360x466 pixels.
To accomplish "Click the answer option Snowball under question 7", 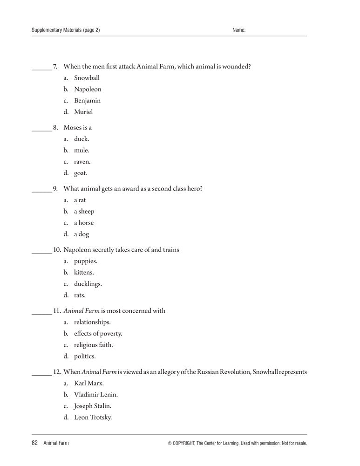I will tap(87, 78).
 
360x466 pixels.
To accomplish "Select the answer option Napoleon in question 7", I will tap(88, 89).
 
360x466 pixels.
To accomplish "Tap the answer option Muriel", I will tap(83, 112).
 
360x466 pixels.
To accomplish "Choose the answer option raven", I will tap(82, 162).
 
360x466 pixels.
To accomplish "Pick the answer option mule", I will tap(82, 151).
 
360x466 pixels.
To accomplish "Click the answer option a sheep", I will tap(84, 212).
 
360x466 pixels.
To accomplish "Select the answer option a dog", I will tap(82, 234).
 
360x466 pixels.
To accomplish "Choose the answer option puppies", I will tap(86, 261).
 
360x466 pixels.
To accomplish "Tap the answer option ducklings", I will tap(88, 284).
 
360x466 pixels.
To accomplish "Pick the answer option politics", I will tap(85, 356).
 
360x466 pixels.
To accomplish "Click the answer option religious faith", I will tap(93, 345).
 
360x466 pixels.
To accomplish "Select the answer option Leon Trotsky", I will tap(93, 418).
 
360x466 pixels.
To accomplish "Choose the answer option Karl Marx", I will tap(89, 384).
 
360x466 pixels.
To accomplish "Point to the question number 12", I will tap(57, 372).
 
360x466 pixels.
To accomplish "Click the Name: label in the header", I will tap(239, 30).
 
